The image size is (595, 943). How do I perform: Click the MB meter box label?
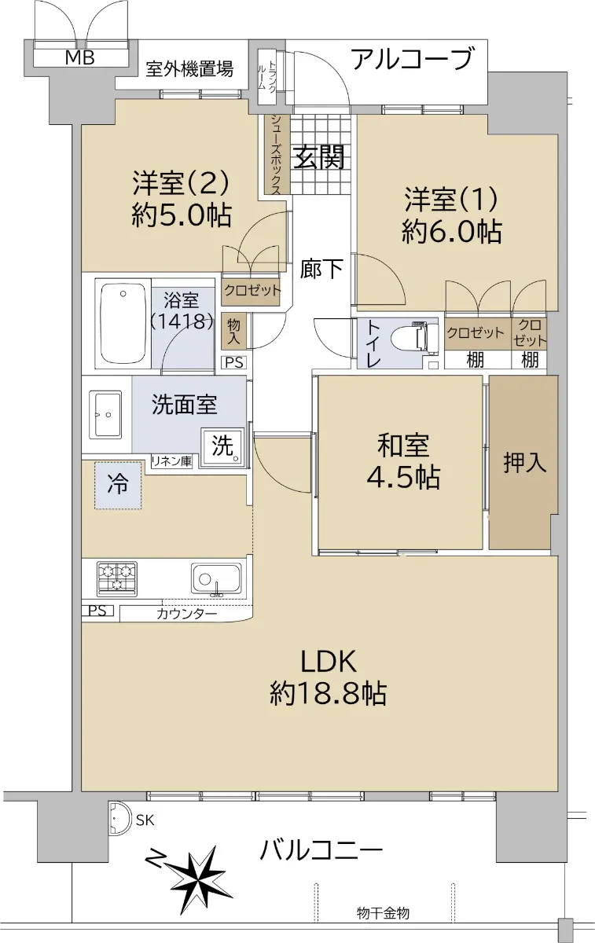[x=79, y=57]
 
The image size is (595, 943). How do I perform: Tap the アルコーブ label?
[x=411, y=60]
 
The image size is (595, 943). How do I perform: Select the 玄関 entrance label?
[x=319, y=156]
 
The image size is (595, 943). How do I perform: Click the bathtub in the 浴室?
[x=123, y=323]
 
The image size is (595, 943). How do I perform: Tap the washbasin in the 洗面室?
[x=105, y=414]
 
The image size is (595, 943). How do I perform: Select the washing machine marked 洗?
[x=222, y=447]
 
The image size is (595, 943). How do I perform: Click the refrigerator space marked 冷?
[x=118, y=486]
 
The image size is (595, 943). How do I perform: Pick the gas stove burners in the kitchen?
[x=116, y=579]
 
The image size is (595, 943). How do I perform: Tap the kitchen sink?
[x=216, y=580]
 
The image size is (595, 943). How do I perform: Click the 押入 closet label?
[x=525, y=462]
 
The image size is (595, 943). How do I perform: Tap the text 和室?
[x=403, y=446]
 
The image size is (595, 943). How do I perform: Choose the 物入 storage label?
[x=233, y=332]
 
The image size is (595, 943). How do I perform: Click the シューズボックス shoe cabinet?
[x=277, y=155]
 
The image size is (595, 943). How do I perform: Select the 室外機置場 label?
[x=189, y=68]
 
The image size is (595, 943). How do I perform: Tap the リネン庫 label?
[x=171, y=461]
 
